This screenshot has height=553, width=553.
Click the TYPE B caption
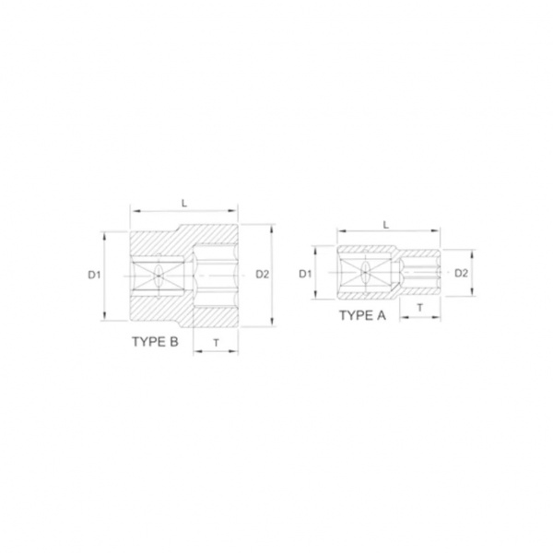(155, 342)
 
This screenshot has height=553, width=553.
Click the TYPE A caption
(362, 315)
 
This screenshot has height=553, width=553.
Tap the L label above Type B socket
(184, 203)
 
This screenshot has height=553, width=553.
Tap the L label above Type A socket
(386, 225)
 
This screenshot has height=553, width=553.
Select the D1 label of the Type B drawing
(94, 275)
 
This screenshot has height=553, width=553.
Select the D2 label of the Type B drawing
(262, 274)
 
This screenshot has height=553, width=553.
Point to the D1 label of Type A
(305, 274)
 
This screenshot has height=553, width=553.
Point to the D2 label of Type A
(461, 273)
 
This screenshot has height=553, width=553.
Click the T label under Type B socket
(217, 342)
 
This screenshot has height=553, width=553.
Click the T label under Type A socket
(420, 308)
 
